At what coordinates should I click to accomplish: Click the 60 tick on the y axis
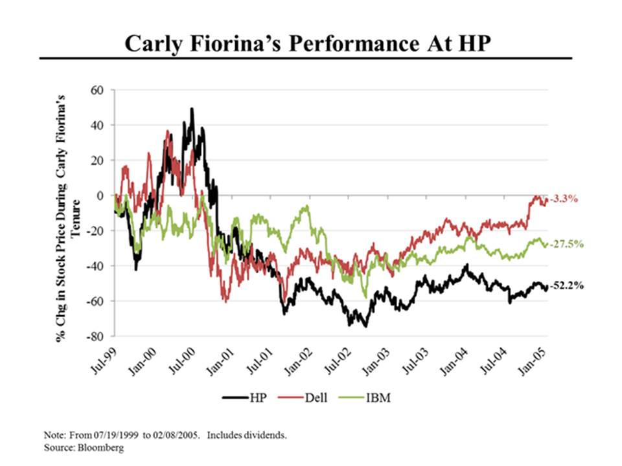(x=97, y=90)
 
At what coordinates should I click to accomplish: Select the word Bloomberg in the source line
(x=102, y=447)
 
